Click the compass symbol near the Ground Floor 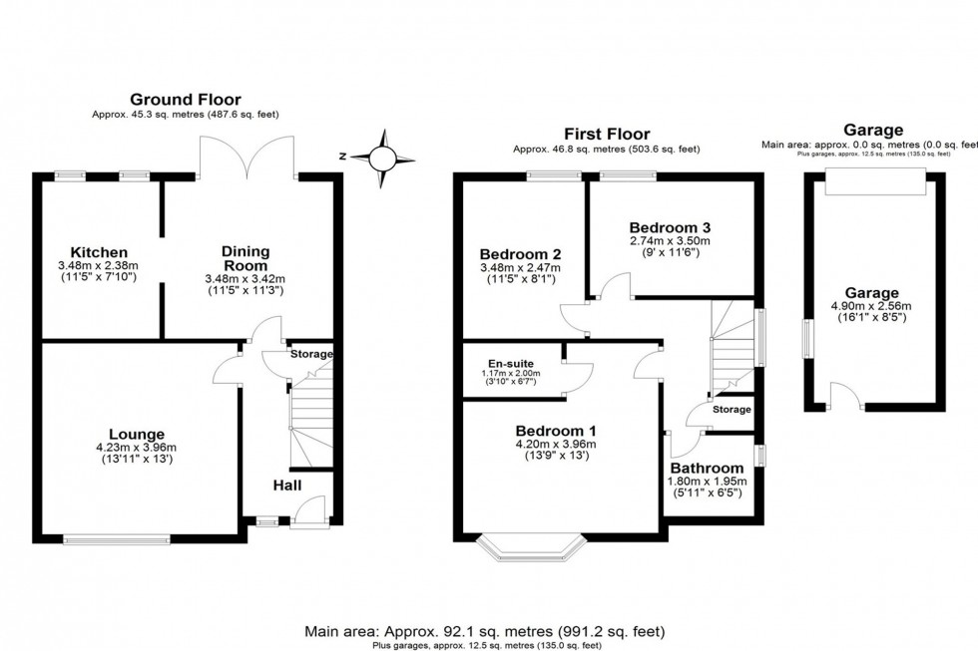(x=381, y=157)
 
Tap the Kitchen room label (x=98, y=252)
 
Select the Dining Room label (x=244, y=259)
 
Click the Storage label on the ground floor (x=310, y=354)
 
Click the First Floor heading (x=606, y=134)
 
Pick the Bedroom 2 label (x=520, y=252)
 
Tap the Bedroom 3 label (x=670, y=226)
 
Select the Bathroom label (x=707, y=468)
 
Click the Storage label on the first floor (x=732, y=409)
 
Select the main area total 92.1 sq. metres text (x=484, y=631)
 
